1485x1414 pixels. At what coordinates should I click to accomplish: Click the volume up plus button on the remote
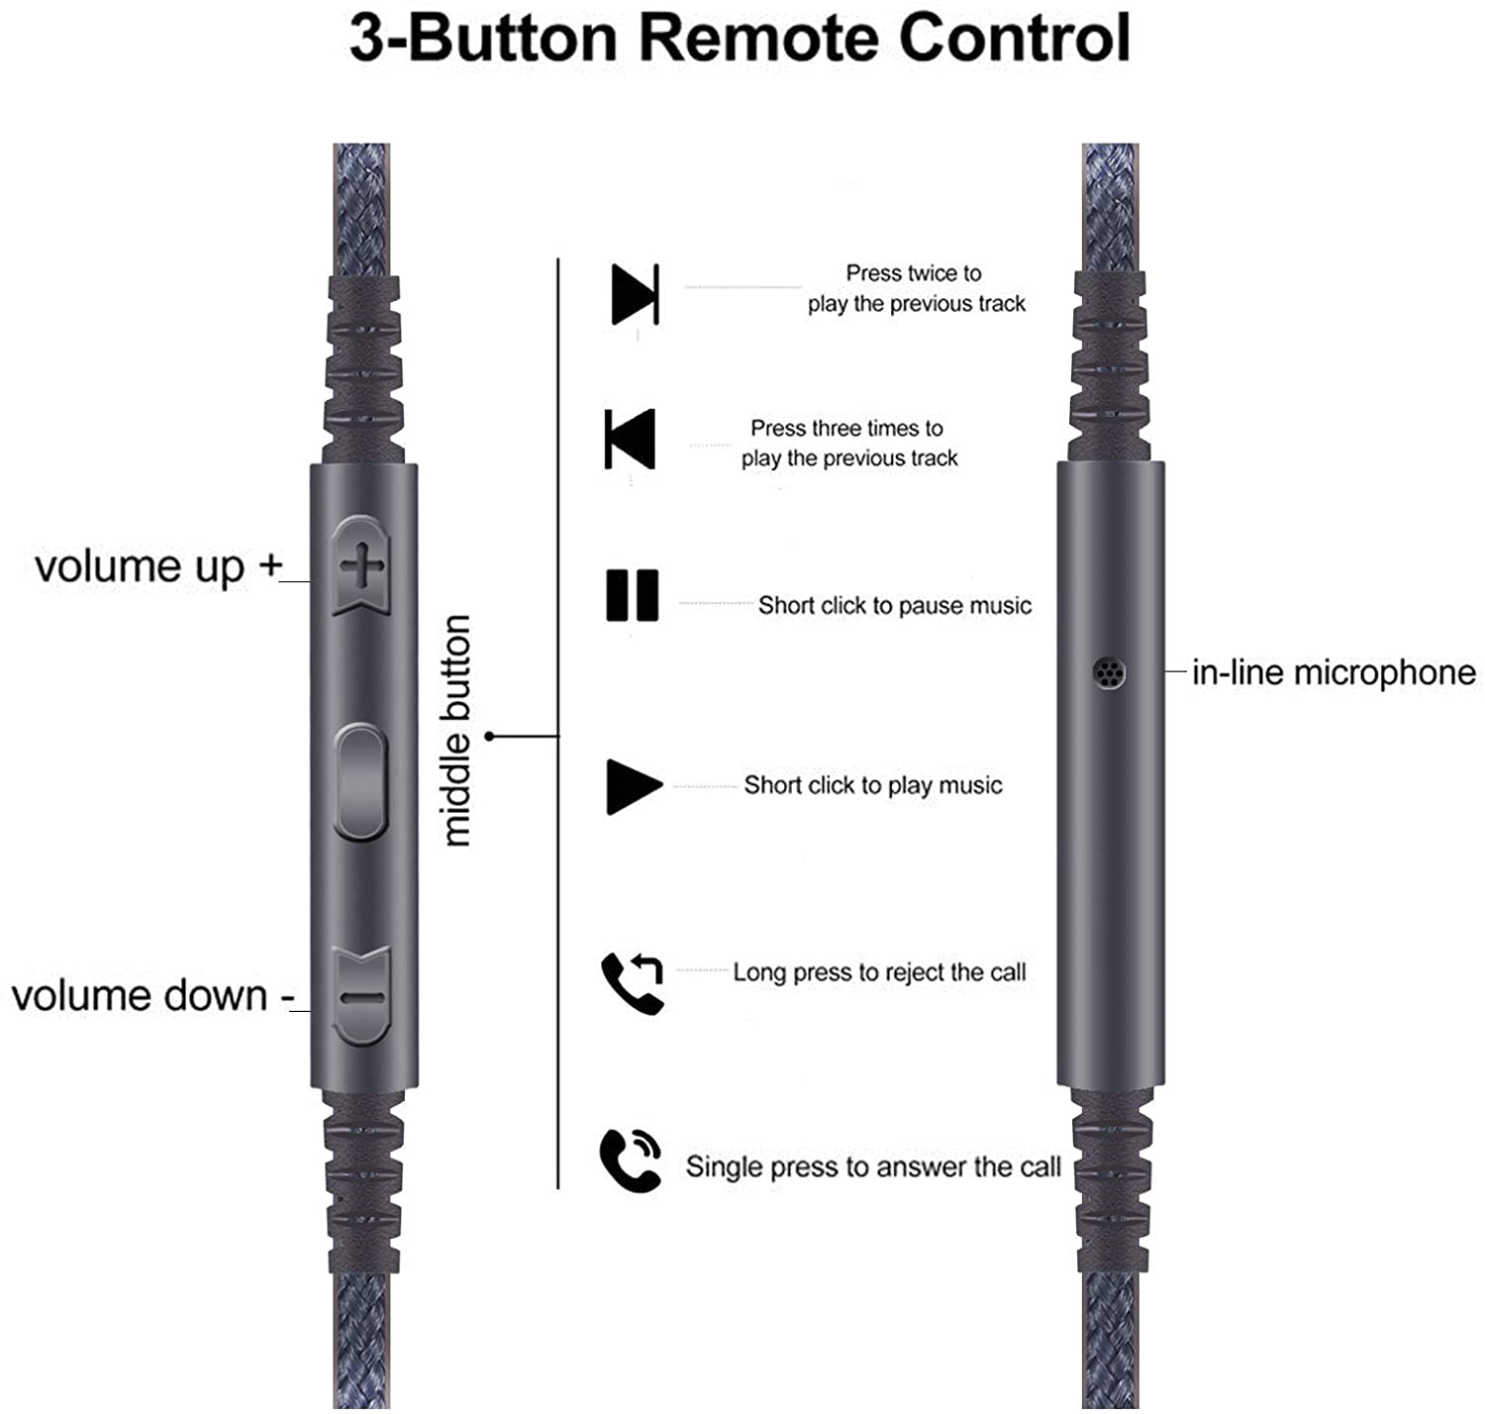(x=361, y=564)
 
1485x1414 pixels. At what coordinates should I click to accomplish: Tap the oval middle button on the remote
(x=360, y=781)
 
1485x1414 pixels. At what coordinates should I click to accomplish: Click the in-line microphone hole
(x=1108, y=672)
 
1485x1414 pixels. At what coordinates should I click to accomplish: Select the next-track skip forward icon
(x=635, y=294)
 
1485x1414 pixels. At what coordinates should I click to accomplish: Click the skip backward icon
(x=630, y=439)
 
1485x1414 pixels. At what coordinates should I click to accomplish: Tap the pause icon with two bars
(x=633, y=595)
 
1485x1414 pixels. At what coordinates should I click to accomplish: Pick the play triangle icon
(x=634, y=787)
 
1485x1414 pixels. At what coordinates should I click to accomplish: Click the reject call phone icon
(x=633, y=982)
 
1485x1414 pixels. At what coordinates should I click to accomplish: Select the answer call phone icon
(x=631, y=1161)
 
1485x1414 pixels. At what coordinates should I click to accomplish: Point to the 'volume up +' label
(x=158, y=566)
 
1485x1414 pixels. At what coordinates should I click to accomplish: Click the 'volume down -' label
(x=152, y=995)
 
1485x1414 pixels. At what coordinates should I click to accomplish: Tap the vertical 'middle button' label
(x=457, y=730)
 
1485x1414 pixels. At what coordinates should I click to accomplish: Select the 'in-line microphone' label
(x=1334, y=672)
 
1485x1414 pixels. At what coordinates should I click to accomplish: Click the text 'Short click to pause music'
(x=894, y=605)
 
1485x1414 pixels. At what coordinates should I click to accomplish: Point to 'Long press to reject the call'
(x=879, y=972)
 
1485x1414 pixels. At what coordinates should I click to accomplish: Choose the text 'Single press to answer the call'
(x=873, y=1166)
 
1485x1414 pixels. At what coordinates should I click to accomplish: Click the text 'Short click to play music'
(x=873, y=785)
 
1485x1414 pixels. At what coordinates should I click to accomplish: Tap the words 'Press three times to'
(x=846, y=429)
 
